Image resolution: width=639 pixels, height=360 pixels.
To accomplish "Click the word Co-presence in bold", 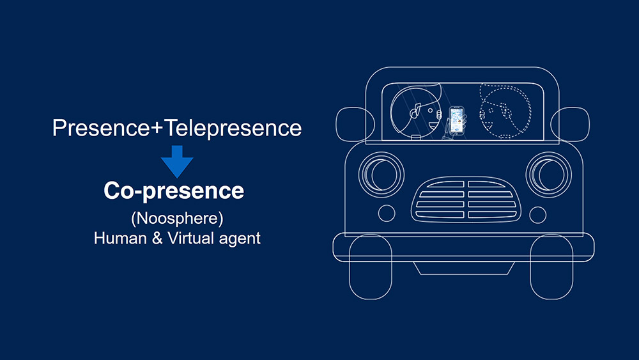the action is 174,191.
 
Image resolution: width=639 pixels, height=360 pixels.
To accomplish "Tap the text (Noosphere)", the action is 177,219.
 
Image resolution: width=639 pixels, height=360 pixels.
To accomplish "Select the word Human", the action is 120,238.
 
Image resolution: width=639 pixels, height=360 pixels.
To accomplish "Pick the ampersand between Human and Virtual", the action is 157,239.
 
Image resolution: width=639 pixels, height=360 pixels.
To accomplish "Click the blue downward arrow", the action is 177,162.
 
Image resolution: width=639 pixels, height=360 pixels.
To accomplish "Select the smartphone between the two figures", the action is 456,120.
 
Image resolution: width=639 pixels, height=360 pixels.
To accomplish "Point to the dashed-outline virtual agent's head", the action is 505,111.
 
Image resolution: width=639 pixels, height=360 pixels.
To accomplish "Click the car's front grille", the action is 466,200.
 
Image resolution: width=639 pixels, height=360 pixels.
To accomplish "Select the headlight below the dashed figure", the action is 548,175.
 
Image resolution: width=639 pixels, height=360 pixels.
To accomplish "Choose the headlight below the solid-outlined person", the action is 381,175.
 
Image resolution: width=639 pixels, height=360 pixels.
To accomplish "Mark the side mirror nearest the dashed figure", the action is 570,124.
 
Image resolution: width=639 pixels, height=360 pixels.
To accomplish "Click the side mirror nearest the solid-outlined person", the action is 355,124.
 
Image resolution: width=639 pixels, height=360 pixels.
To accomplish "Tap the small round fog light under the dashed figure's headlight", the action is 537,215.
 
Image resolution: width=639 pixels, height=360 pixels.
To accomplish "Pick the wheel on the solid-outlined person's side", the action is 371,267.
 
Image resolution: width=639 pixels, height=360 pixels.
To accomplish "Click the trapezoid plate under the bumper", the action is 464,269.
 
